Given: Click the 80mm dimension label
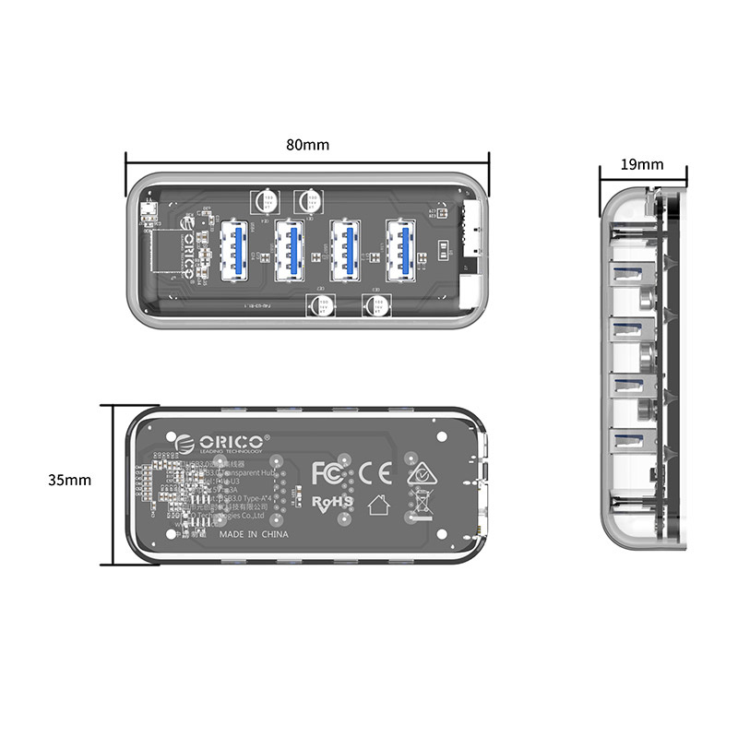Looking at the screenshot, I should point(307,145).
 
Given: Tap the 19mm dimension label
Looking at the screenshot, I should point(642,165).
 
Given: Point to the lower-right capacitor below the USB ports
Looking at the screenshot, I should point(377,305).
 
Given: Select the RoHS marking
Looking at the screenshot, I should point(332,502).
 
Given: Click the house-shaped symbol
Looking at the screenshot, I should point(376,505).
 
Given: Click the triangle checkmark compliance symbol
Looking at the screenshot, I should point(422,471).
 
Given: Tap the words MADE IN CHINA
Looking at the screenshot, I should point(254,534).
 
